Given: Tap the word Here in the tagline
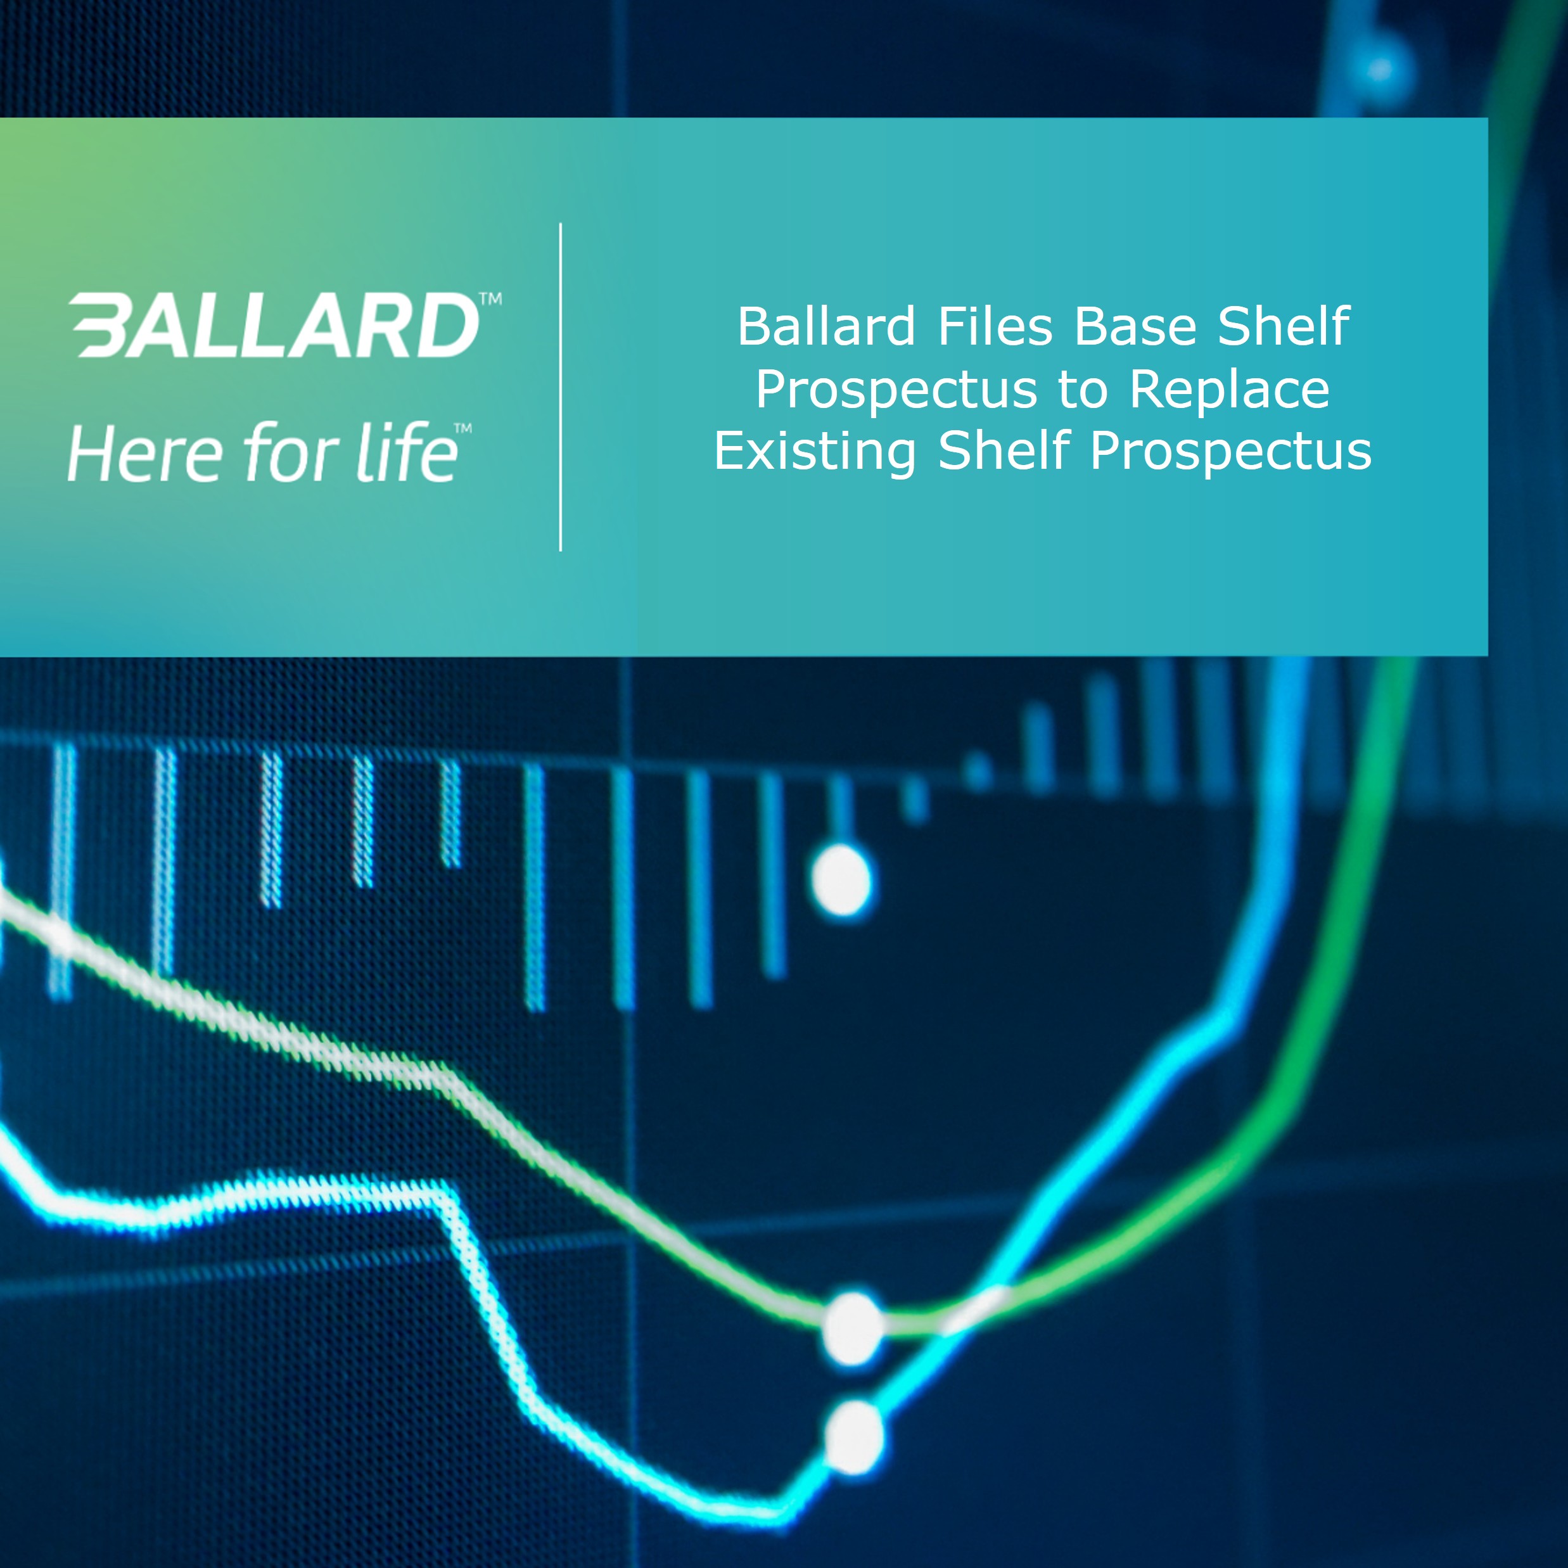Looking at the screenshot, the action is tap(144, 454).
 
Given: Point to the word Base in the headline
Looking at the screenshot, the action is tap(1135, 326).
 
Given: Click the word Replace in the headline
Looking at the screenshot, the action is tap(1230, 390).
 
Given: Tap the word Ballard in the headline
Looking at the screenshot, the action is tap(826, 326).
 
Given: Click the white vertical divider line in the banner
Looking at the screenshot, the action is tap(561, 387).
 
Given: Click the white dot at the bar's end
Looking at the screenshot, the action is tap(841, 880).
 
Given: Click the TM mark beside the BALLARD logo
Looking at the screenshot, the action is tap(491, 298).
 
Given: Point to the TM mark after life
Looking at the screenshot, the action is tap(462, 428).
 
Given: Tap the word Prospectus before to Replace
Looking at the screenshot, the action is tap(897, 390).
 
